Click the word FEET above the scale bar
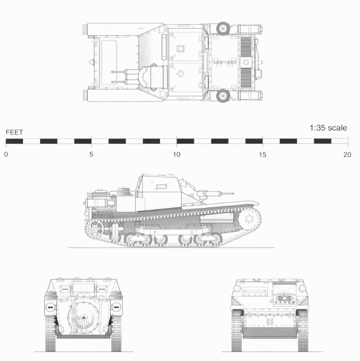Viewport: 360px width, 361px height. click(x=14, y=132)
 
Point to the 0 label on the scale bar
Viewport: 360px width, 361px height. click(x=6, y=155)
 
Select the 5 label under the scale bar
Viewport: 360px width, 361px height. click(x=91, y=155)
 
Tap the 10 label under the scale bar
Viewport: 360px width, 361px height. click(x=177, y=155)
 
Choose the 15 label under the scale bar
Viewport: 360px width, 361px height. click(x=263, y=155)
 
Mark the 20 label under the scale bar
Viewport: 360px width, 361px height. click(x=347, y=155)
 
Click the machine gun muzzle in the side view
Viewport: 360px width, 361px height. click(x=233, y=193)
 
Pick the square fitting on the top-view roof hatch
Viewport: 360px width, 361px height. click(x=182, y=49)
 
